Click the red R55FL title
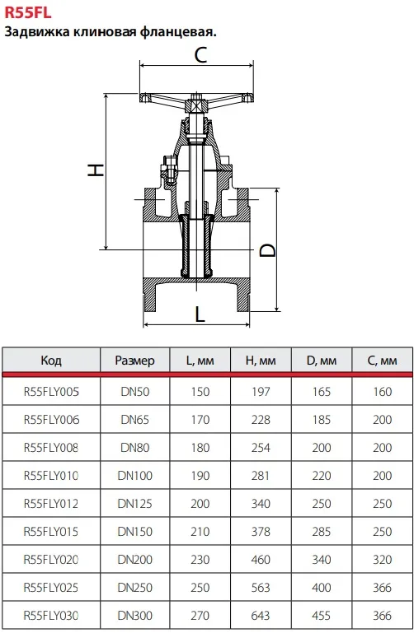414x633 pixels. [28, 12]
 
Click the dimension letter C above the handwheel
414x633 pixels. [200, 55]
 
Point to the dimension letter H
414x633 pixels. [96, 170]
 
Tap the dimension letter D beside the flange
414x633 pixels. [268, 250]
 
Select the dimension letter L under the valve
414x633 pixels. [200, 314]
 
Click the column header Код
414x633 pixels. [51, 360]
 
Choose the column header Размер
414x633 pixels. [134, 360]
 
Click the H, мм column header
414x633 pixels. [261, 360]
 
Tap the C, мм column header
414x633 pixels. [382, 360]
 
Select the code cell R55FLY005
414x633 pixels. [51, 392]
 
